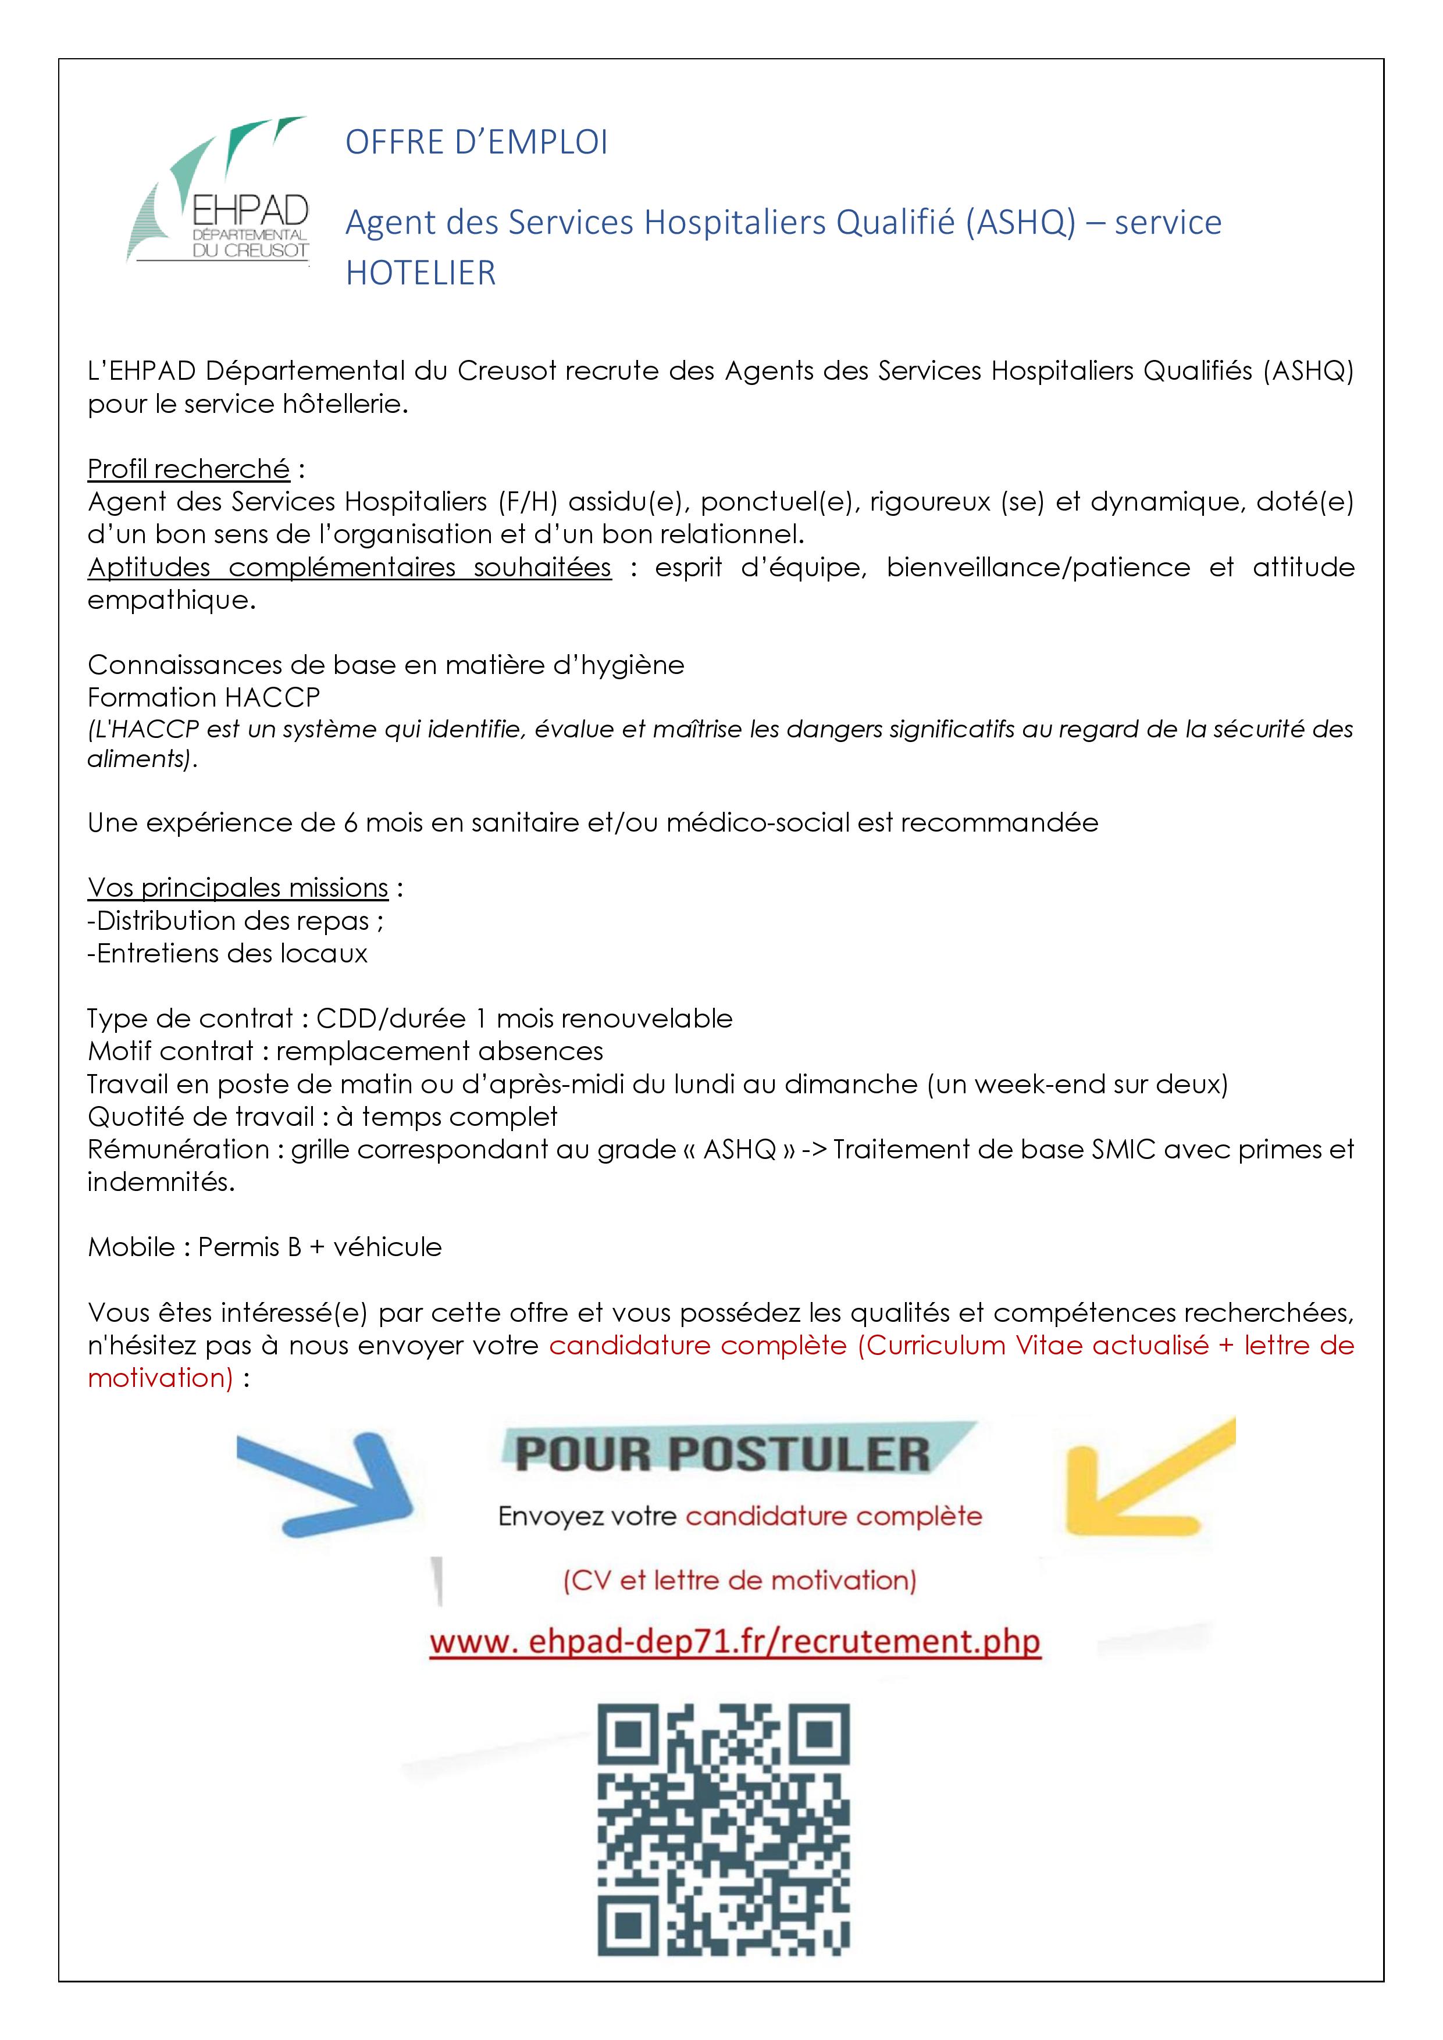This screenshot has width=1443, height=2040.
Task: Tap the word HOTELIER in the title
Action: click(421, 273)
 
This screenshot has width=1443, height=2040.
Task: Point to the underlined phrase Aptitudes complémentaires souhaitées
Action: click(349, 567)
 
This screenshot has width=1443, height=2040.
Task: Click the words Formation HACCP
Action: click(204, 697)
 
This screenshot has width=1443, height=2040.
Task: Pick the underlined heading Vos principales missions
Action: click(238, 887)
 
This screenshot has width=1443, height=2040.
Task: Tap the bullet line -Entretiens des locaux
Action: click(227, 953)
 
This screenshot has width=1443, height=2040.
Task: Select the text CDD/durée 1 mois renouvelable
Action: click(524, 1018)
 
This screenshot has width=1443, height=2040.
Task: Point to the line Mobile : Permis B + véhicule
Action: click(265, 1247)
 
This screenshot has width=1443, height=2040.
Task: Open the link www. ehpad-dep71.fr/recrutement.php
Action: click(735, 1641)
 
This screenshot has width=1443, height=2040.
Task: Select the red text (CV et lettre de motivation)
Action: click(739, 1580)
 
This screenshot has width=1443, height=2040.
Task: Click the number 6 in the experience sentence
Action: click(351, 823)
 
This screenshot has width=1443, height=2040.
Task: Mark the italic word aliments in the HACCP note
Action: click(140, 759)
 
